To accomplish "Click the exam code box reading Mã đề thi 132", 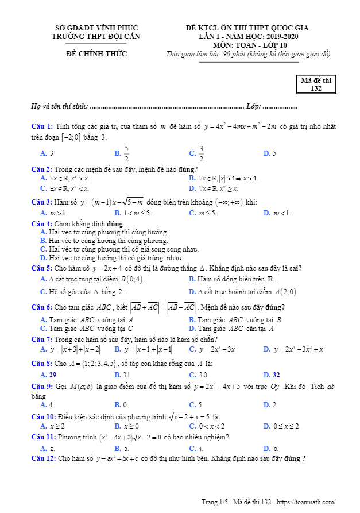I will pos(316,84).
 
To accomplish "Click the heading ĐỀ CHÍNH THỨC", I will pos(96,54).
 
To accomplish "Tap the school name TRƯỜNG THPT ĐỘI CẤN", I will pos(96,36).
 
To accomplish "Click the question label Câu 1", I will pos(42,126).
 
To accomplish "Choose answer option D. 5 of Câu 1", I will pos(269,153).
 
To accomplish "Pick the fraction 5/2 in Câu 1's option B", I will pos(126,153).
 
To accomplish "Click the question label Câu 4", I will pos(42,223).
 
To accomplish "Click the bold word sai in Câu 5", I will pos(296,268).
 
